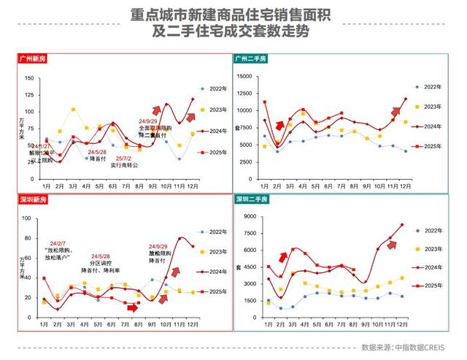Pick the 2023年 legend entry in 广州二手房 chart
(x=436, y=107)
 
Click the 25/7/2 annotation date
(x=121, y=158)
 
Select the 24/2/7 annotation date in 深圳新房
(x=59, y=243)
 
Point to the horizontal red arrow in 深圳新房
(x=131, y=307)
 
